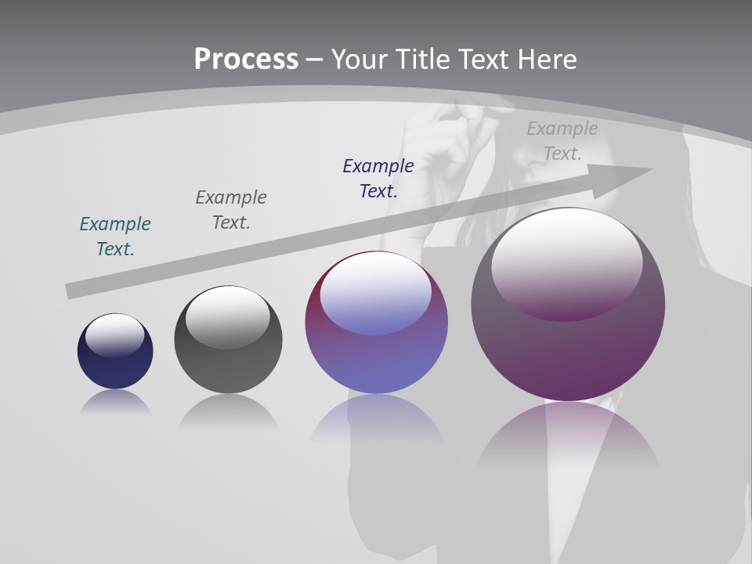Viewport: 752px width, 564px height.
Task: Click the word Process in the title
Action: pos(246,59)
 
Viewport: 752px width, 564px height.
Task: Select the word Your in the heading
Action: pos(360,59)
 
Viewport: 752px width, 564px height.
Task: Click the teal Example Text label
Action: pos(115,237)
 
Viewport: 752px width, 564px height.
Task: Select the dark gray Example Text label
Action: pos(231,210)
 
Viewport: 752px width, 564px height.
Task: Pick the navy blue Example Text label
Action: pos(378,179)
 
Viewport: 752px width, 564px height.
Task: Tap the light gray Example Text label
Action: pos(562,141)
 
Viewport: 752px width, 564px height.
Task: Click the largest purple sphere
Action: pos(568,352)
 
